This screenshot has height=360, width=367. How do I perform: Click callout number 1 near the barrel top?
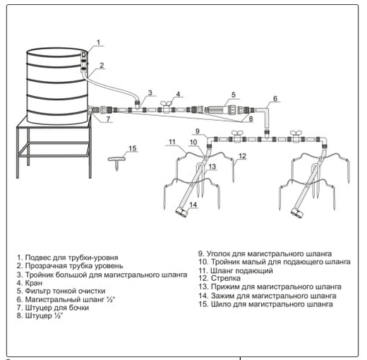point(99,42)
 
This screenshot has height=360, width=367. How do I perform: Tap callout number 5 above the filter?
point(234,95)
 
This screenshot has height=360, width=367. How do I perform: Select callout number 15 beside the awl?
point(133,148)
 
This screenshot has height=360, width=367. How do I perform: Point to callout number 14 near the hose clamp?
point(193,205)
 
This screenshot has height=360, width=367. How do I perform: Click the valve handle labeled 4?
point(167,104)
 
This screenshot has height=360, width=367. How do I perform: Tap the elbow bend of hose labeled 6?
point(266,111)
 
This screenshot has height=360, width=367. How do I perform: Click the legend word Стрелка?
point(226,278)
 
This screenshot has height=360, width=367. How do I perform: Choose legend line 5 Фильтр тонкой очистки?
point(61,291)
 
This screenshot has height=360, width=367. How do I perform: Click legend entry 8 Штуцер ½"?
point(40,316)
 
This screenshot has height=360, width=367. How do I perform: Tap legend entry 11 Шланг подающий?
point(236,270)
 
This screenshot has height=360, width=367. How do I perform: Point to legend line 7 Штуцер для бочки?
point(53,308)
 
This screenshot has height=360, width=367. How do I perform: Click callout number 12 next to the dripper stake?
point(242,156)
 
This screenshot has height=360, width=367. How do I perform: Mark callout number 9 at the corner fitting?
point(198,131)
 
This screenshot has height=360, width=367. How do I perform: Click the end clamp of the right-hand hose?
point(296,212)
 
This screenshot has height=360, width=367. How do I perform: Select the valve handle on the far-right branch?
point(296,133)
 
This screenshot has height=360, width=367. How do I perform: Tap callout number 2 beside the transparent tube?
point(102,65)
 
